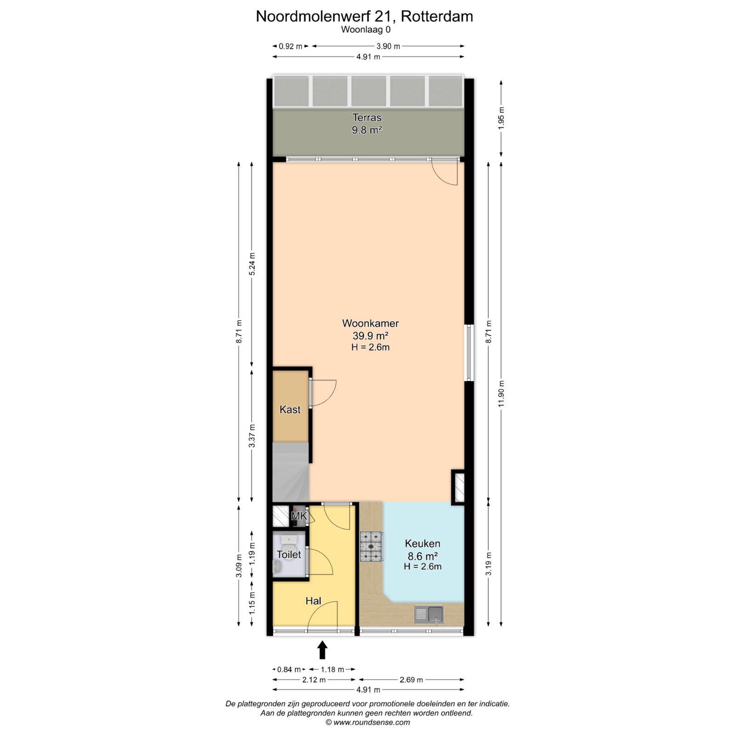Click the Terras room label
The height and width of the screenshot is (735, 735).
point(367,118)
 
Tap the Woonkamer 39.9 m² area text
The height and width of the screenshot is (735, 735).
point(370,335)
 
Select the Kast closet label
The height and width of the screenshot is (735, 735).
point(290,409)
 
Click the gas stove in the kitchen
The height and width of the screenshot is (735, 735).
point(371,547)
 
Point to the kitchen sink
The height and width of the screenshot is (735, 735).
point(429,614)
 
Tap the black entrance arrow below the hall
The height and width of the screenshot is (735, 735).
point(322,650)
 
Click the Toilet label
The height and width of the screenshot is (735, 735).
point(289,554)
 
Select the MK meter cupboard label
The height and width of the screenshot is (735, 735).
point(300,516)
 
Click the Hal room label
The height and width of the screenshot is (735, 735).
point(313,601)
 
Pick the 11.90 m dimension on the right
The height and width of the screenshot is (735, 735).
point(501,393)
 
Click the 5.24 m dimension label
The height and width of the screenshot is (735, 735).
point(252,264)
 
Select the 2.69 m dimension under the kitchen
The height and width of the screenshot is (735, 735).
point(411,680)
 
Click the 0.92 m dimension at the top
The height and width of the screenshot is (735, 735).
point(291,46)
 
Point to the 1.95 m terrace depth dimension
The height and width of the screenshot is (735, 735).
point(501,119)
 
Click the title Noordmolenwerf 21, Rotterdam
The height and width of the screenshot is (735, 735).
point(364,17)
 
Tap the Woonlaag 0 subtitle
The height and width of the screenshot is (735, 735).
point(366,30)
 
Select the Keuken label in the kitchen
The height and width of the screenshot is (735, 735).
point(423,544)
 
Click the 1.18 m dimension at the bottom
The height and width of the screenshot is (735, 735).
point(332,670)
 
